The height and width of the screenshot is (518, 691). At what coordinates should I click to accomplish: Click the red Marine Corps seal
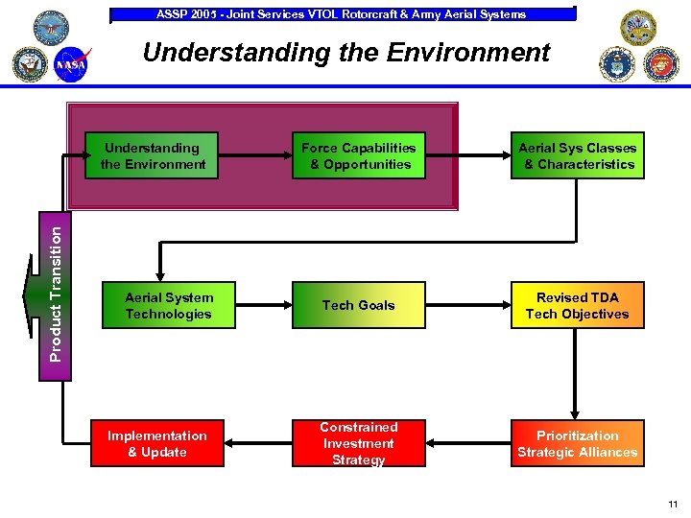(x=660, y=63)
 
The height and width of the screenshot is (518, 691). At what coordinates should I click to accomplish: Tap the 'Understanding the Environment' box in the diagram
(x=153, y=156)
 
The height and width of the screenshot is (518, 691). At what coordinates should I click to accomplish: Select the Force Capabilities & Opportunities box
(x=358, y=156)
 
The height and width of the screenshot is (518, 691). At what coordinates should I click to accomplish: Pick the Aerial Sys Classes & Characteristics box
(x=577, y=156)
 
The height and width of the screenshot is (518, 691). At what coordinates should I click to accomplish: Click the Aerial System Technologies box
(x=168, y=305)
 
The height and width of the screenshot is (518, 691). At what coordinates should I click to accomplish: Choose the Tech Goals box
(x=358, y=305)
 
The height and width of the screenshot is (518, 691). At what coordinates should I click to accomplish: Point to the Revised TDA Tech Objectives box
(x=577, y=305)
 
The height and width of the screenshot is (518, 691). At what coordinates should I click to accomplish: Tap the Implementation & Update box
(x=156, y=443)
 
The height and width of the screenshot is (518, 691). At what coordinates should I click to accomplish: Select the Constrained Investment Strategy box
(x=358, y=443)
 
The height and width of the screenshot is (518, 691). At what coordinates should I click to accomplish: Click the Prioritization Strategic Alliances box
(x=577, y=443)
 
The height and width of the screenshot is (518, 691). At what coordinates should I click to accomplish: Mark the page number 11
(x=672, y=504)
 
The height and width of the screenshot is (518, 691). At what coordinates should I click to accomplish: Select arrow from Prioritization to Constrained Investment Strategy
(x=467, y=443)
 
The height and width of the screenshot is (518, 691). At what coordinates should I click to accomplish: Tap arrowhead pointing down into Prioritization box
(x=574, y=414)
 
